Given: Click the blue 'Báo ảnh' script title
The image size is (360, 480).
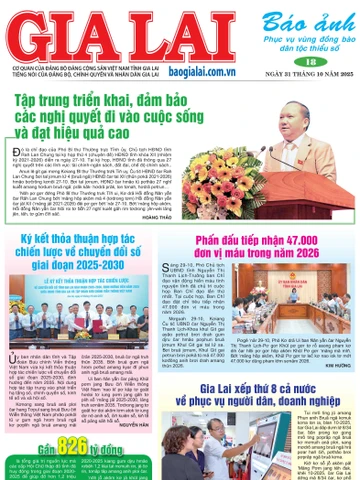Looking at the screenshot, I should tap(293, 18).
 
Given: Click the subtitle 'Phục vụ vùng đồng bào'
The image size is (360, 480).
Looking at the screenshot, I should tap(295, 36).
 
